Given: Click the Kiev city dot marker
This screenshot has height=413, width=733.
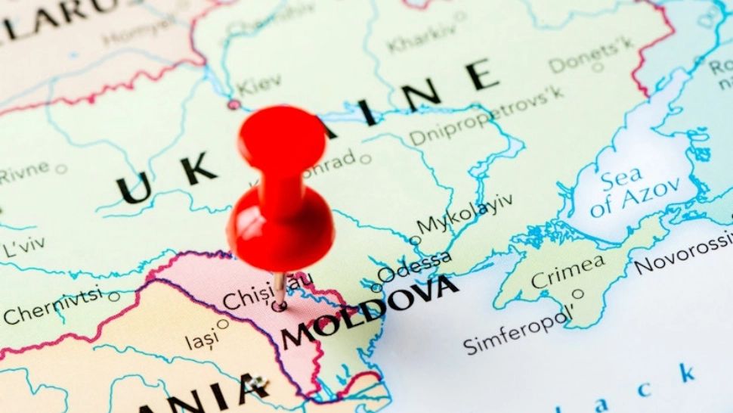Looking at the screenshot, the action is pyautogui.click(x=234, y=104).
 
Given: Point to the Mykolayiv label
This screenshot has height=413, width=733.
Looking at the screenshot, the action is pyautogui.click(x=465, y=213).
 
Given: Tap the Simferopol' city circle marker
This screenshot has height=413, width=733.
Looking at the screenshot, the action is pyautogui.click(x=578, y=294).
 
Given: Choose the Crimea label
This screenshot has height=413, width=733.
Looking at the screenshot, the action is pyautogui.click(x=568, y=271).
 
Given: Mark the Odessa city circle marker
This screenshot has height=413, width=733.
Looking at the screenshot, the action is pyautogui.click(x=376, y=287).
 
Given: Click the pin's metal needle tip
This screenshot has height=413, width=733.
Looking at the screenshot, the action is pyautogui.click(x=280, y=306).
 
